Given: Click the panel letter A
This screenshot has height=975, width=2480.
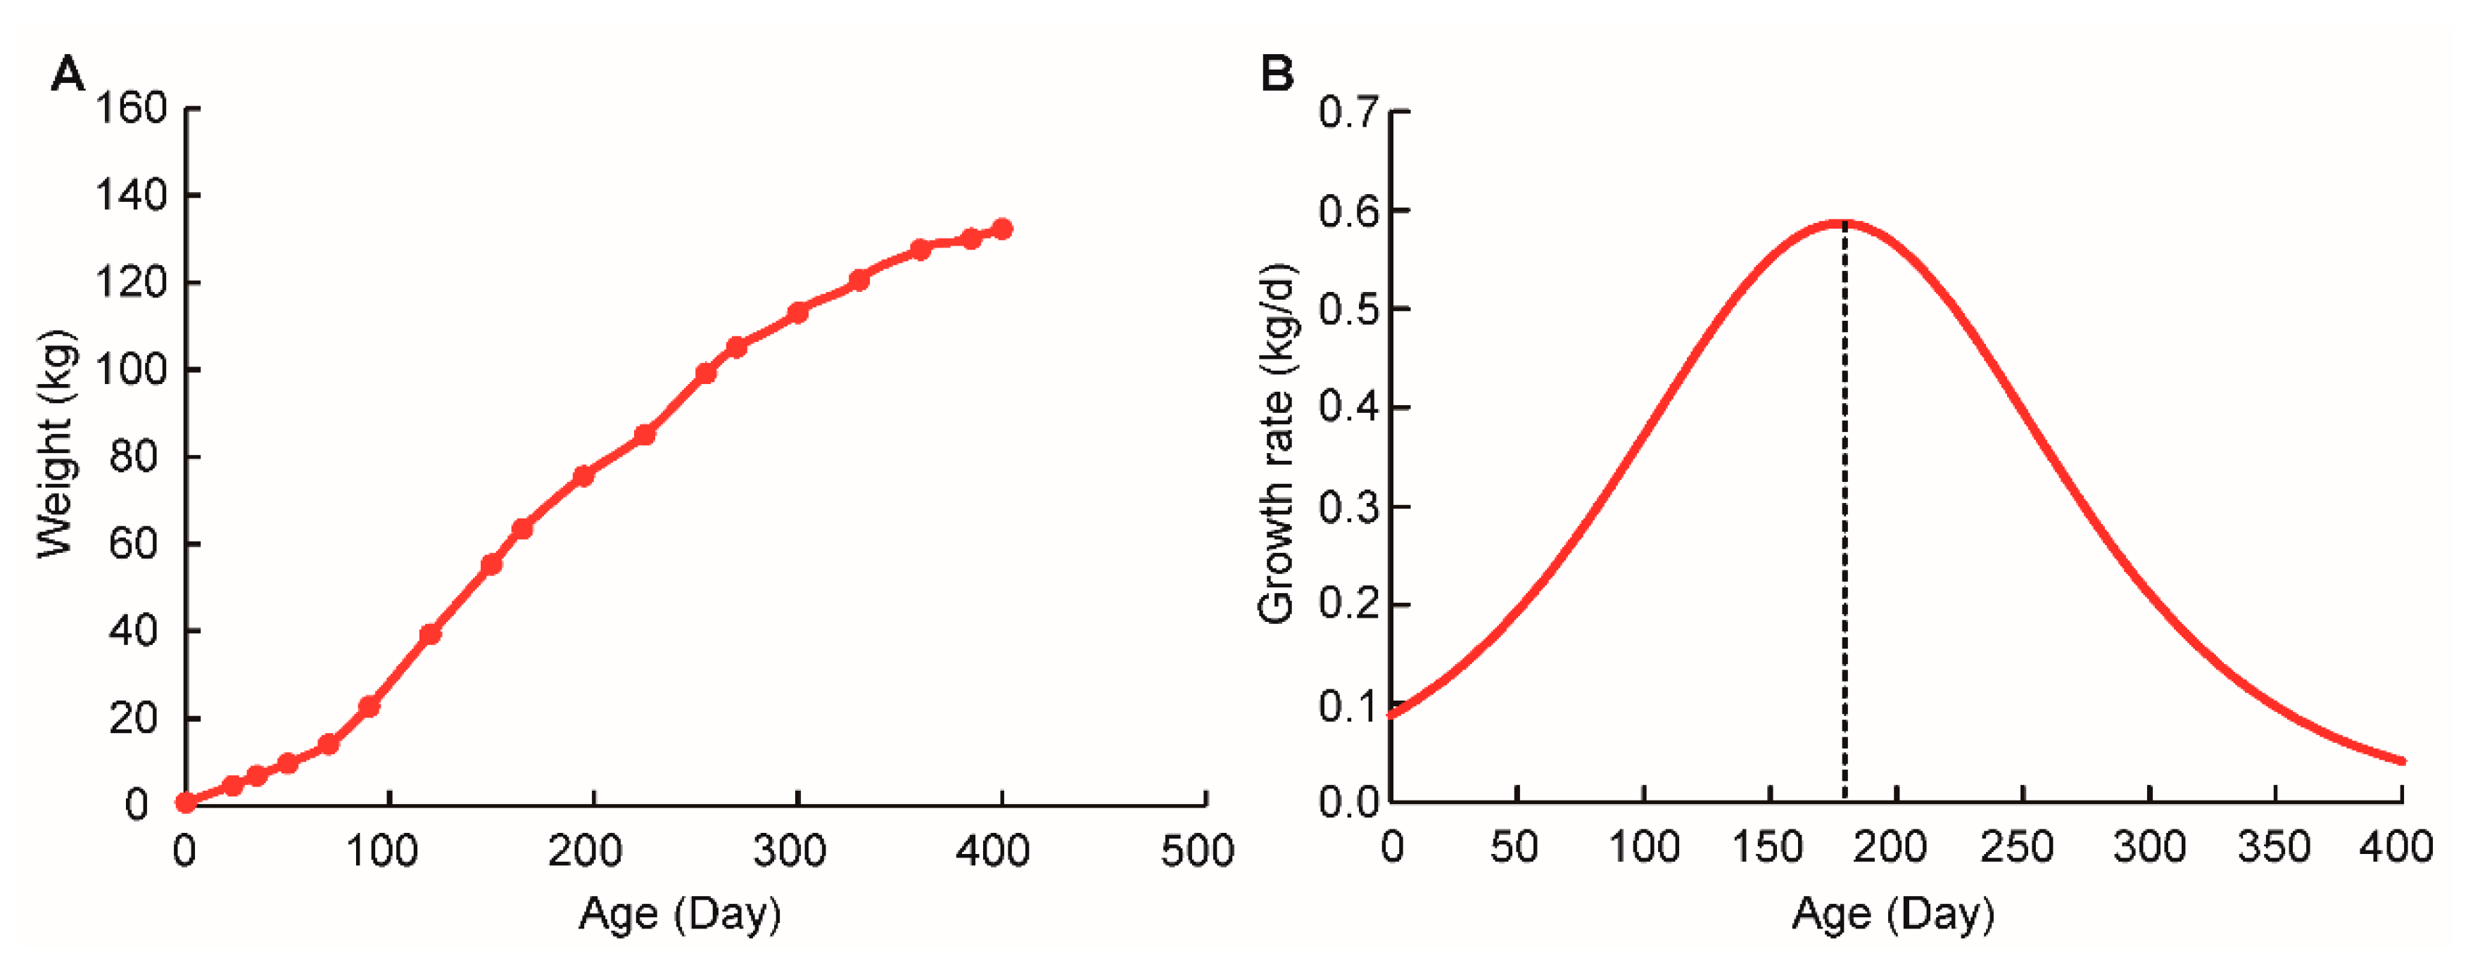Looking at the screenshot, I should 68,73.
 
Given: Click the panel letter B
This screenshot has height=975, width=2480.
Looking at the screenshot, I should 1277,73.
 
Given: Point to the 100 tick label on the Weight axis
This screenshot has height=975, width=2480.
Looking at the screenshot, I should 131,369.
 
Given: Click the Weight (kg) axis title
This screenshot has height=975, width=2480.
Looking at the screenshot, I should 56,445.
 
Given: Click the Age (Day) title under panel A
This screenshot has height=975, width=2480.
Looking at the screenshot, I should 680,913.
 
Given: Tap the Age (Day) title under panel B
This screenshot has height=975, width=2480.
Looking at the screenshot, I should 1893,913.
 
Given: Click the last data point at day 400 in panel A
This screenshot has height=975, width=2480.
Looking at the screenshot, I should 1001,229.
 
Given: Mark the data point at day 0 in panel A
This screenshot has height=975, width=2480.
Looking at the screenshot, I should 186,802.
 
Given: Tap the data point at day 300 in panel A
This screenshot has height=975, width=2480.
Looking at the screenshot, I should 797,313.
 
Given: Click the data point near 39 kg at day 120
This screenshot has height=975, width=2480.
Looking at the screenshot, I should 431,635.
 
